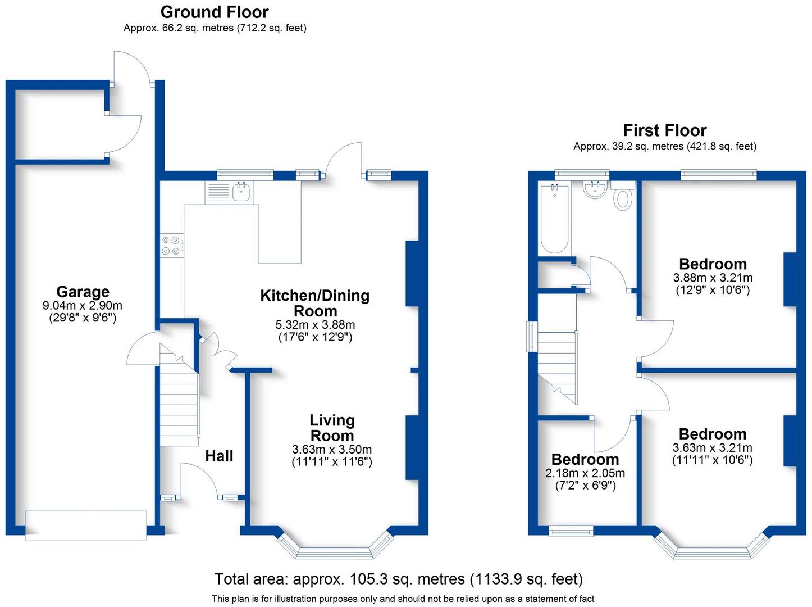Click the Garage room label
pos(83,292)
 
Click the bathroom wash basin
pos(594,189)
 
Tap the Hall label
pos(219,456)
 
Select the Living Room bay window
pos(334,552)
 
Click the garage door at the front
pos(86,525)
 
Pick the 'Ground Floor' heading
pos(215,12)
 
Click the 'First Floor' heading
pos(664,130)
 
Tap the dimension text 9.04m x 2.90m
pos(83,306)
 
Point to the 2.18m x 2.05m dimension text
pos(585,473)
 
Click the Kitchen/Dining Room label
pos(314,303)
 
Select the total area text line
pos(398,579)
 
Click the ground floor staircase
pos(179,393)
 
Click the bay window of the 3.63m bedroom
pos(711,552)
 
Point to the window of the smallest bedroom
pos(571,531)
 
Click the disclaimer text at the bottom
pos(403,599)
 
